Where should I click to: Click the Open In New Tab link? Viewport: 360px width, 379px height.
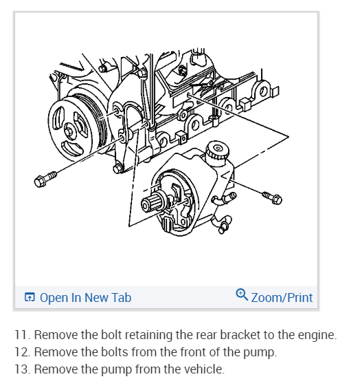(x=85, y=297)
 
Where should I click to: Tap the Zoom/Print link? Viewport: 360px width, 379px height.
(x=282, y=298)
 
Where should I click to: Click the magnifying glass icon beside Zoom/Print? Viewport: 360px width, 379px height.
(x=242, y=294)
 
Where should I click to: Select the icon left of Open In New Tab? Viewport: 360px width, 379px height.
(x=30, y=297)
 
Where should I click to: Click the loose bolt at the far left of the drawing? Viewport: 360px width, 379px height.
(x=45, y=179)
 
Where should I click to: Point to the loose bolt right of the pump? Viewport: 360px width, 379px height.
(x=272, y=197)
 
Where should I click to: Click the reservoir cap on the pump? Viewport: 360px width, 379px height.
(x=217, y=151)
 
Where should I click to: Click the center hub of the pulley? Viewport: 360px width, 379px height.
(x=70, y=131)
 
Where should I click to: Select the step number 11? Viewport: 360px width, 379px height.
(x=23, y=335)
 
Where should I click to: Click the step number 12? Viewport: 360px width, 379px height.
(x=23, y=352)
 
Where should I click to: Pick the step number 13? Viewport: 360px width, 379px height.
(x=23, y=369)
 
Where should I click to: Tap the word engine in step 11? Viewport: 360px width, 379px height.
(x=317, y=336)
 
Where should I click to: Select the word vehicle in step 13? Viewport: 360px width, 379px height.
(x=204, y=369)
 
